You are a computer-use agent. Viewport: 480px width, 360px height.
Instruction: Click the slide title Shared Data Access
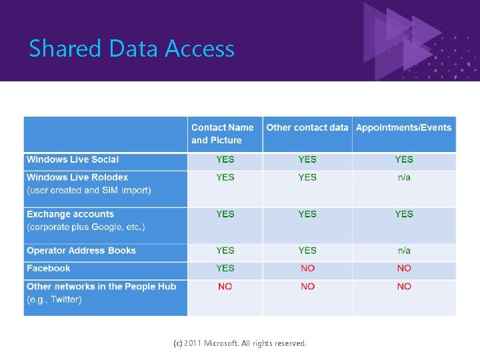tap(131, 49)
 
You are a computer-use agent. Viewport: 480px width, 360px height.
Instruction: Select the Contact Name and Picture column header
tap(222, 133)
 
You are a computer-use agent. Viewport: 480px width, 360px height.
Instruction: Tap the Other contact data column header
tap(307, 127)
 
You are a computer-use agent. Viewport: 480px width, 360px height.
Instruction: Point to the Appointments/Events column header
tap(403, 127)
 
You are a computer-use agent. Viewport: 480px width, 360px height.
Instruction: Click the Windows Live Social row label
tap(73, 159)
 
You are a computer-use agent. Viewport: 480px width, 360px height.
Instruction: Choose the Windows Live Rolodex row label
tap(77, 177)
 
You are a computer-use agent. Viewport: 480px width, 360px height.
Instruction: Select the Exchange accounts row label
tap(70, 214)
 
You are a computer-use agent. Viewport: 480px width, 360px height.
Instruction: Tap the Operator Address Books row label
tap(81, 251)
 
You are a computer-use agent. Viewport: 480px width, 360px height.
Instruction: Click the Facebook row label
tap(48, 268)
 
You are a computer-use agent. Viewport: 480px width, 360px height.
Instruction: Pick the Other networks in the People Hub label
tap(101, 286)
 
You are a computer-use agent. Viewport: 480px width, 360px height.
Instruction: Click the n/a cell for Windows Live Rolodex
tap(404, 177)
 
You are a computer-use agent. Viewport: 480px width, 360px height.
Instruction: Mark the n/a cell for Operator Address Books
tap(404, 251)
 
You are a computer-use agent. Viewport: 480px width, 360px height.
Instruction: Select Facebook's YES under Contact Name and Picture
tap(225, 268)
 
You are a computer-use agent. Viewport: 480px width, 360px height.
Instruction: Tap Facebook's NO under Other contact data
tap(307, 268)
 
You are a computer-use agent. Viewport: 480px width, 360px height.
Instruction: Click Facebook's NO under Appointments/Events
tap(404, 268)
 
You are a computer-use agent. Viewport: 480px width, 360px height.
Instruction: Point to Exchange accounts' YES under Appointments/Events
tap(404, 214)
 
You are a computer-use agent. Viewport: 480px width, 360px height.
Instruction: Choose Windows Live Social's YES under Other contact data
tap(307, 159)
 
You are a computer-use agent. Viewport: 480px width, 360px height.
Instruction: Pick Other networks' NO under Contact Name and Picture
tap(225, 286)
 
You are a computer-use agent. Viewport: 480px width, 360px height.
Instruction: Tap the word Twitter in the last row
tap(65, 299)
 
